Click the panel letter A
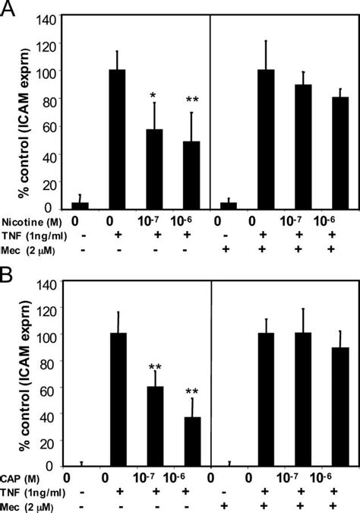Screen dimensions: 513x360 coord(10,10)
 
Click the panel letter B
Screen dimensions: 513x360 coord(9,267)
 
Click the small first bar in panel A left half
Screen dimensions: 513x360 coord(80,205)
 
